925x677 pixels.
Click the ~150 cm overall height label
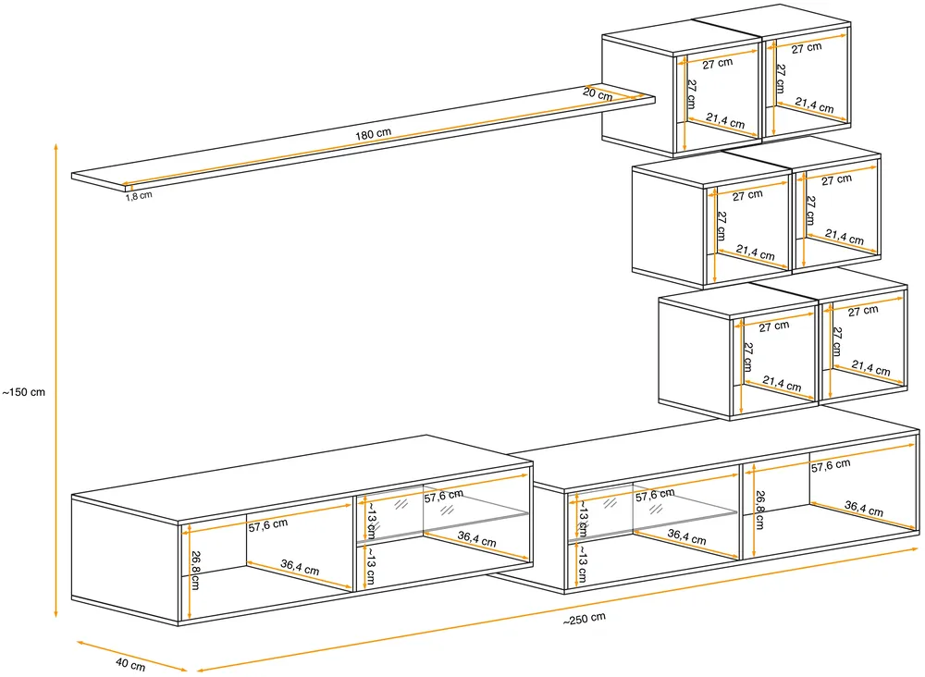(24, 392)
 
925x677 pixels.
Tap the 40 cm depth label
(130, 664)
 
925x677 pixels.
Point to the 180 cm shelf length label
(373, 134)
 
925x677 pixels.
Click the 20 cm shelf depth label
(598, 93)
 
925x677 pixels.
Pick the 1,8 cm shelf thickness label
(139, 196)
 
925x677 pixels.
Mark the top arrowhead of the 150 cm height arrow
(56, 145)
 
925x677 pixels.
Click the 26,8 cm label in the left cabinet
(195, 570)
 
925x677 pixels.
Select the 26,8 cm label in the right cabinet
(759, 510)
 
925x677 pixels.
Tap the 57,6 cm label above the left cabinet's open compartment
(268, 524)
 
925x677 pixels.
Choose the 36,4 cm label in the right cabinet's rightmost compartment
(864, 509)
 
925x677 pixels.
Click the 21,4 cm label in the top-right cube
(814, 105)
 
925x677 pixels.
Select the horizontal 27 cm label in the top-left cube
(718, 63)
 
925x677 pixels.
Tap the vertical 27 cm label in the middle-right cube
(811, 211)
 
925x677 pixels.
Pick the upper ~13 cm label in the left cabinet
(370, 520)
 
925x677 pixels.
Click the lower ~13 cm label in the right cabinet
(581, 563)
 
